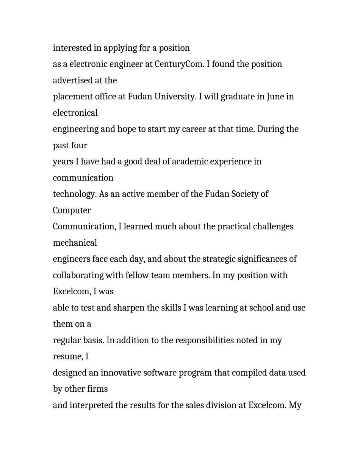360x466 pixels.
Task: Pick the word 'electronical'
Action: coord(75,113)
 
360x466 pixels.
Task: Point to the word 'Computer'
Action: coord(72,210)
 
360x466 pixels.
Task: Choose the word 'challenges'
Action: coord(273,227)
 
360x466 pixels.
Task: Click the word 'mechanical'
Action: coord(75,243)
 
